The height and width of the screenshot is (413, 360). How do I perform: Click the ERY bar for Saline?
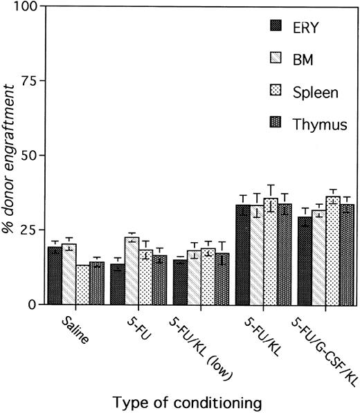pyautogui.click(x=54, y=276)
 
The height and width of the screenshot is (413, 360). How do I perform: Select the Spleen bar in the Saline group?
pyautogui.click(x=83, y=284)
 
